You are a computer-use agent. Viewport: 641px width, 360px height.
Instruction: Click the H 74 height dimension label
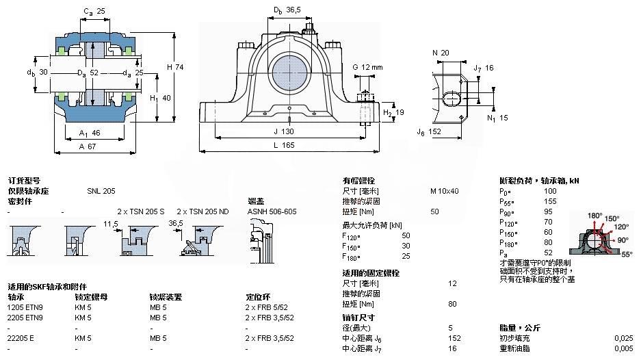pyautogui.click(x=175, y=66)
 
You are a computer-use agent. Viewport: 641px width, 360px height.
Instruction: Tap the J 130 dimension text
pyautogui.click(x=289, y=131)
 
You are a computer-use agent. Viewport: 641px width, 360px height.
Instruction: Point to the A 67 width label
pyautogui.click(x=88, y=145)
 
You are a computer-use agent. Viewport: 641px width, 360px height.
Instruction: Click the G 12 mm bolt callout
pyautogui.click(x=368, y=66)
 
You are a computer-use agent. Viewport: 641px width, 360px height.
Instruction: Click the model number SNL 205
pyautogui.click(x=101, y=192)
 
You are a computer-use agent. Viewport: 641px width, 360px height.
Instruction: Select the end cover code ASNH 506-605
pyautogui.click(x=272, y=211)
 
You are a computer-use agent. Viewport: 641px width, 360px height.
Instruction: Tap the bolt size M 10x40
pyautogui.click(x=444, y=191)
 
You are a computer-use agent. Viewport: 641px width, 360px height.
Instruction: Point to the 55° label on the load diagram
pyautogui.click(x=627, y=254)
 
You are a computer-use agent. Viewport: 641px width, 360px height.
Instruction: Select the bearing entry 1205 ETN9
pyautogui.click(x=25, y=307)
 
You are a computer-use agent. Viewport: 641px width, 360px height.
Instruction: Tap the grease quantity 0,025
pyautogui.click(x=623, y=338)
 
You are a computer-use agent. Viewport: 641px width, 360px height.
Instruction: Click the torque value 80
pyautogui.click(x=452, y=304)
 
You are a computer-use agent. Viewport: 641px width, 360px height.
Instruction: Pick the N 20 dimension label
pyautogui.click(x=440, y=53)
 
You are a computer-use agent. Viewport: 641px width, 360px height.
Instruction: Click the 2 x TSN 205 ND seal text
pyautogui.click(x=203, y=211)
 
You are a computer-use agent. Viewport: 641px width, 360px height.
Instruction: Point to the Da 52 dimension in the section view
pyautogui.click(x=89, y=73)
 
